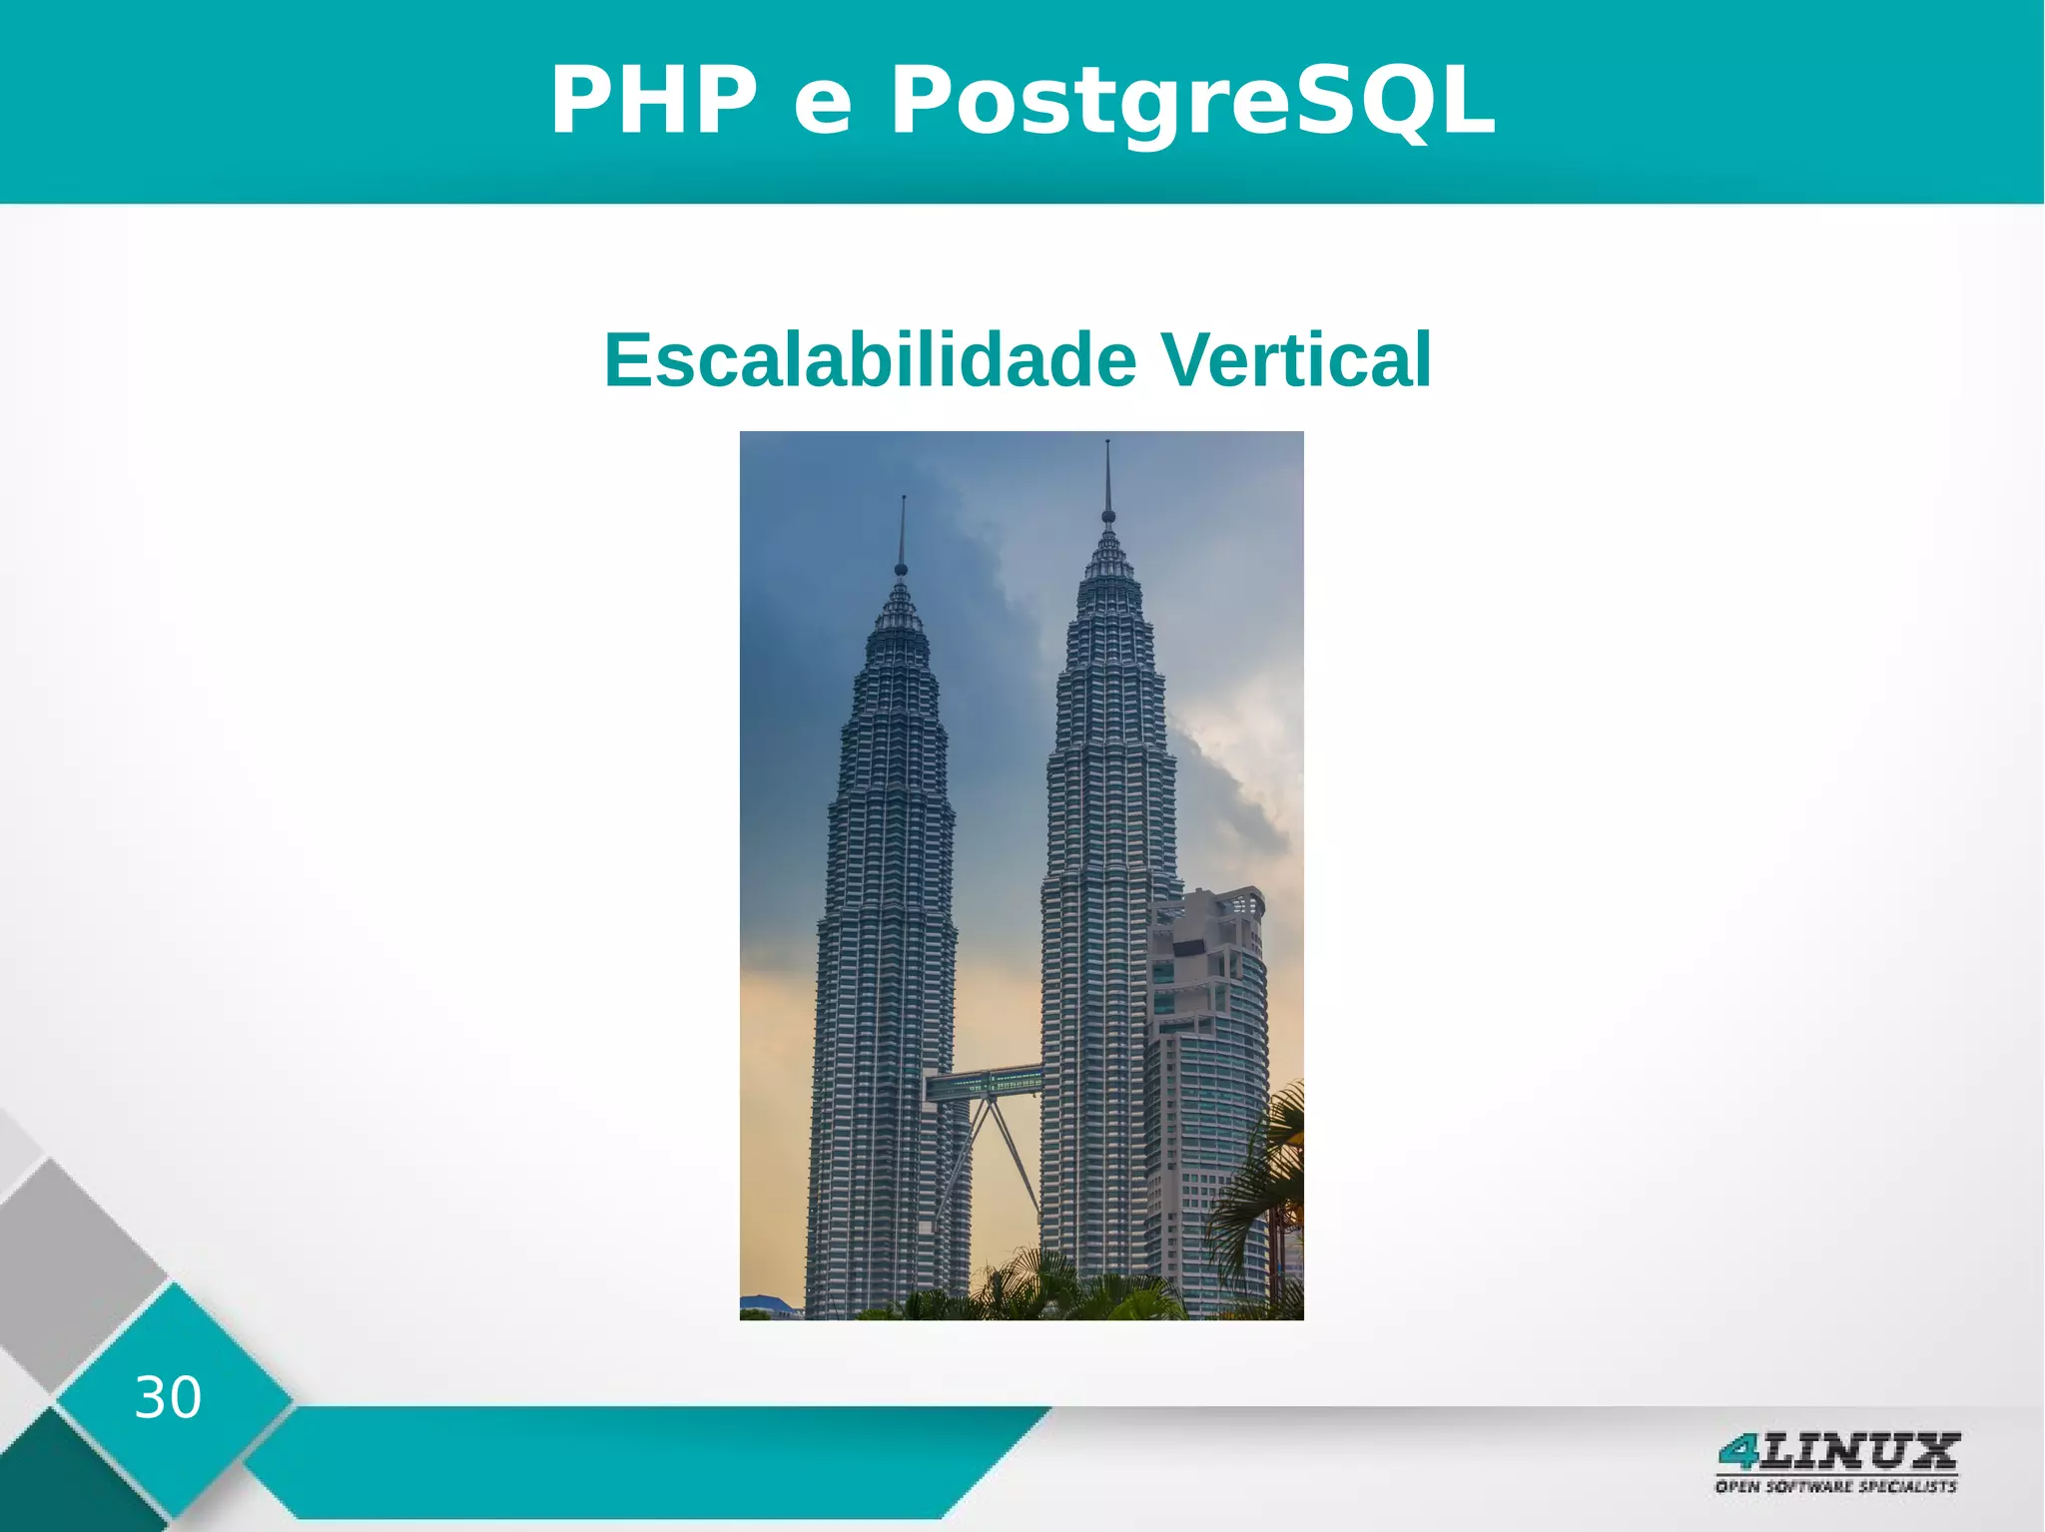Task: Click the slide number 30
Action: tap(168, 1397)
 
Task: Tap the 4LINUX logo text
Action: tap(1837, 1452)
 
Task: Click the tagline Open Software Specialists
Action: tap(1835, 1487)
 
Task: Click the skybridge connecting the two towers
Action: tap(984, 1083)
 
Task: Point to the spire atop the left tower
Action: tap(903, 529)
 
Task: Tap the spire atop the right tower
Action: tap(1107, 474)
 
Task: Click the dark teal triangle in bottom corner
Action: tap(60, 1487)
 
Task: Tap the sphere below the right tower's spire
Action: tap(1107, 516)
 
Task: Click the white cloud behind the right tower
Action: tap(1238, 788)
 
